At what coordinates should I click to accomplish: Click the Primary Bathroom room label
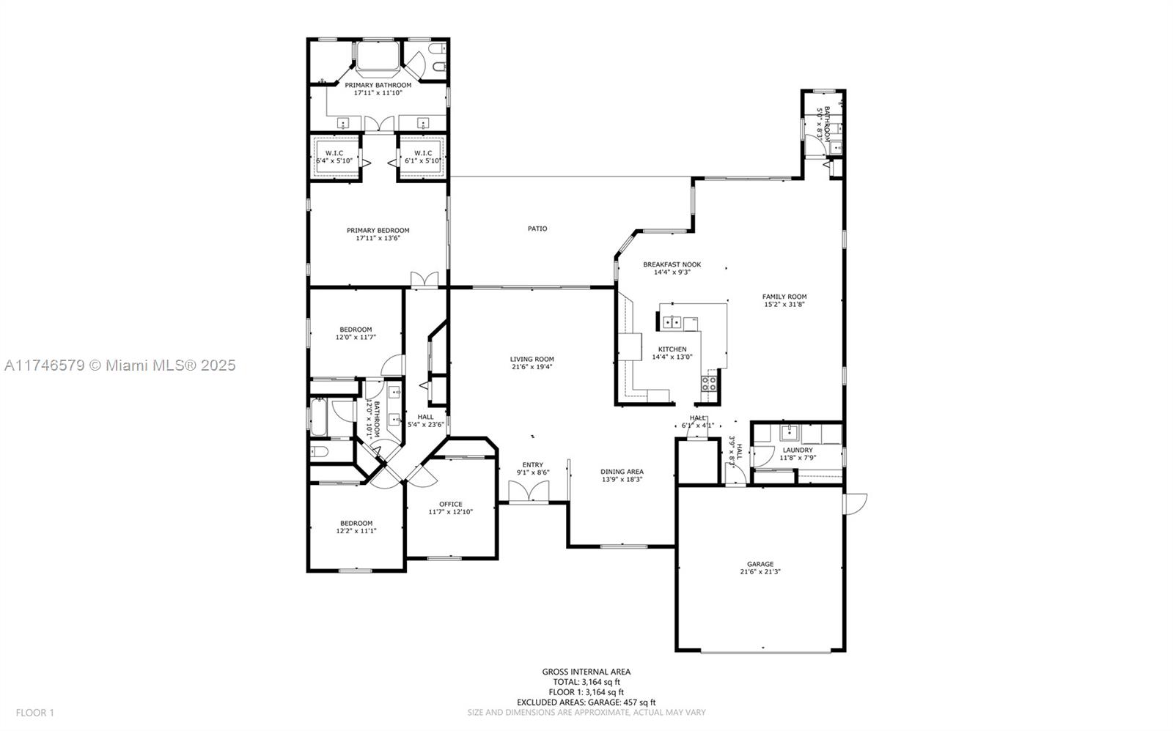point(378,85)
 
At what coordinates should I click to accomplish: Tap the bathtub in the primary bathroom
point(378,56)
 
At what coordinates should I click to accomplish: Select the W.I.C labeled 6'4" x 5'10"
point(334,157)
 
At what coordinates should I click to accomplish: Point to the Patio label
point(537,229)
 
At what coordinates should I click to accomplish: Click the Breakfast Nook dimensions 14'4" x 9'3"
point(672,272)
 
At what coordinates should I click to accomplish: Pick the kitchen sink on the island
point(672,321)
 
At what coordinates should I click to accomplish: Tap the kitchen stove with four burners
point(708,384)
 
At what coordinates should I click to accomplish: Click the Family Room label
point(784,297)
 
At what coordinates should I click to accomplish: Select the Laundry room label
point(798,450)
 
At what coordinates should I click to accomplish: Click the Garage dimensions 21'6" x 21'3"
point(760,572)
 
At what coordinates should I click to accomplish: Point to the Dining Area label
point(622,472)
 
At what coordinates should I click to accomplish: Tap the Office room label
point(451,504)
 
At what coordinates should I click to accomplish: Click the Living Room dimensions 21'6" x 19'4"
point(532,367)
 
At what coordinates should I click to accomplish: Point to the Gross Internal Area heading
point(586,672)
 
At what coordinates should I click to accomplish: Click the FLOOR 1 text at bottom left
point(35,712)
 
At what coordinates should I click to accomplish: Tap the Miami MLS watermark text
point(119,365)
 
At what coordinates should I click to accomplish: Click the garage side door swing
point(856,503)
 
